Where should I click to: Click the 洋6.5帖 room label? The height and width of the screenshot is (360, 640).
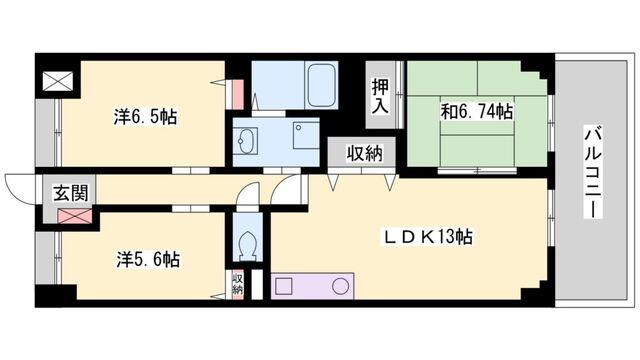coord(147,117)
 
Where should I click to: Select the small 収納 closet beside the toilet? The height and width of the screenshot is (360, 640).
coord(238,283)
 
